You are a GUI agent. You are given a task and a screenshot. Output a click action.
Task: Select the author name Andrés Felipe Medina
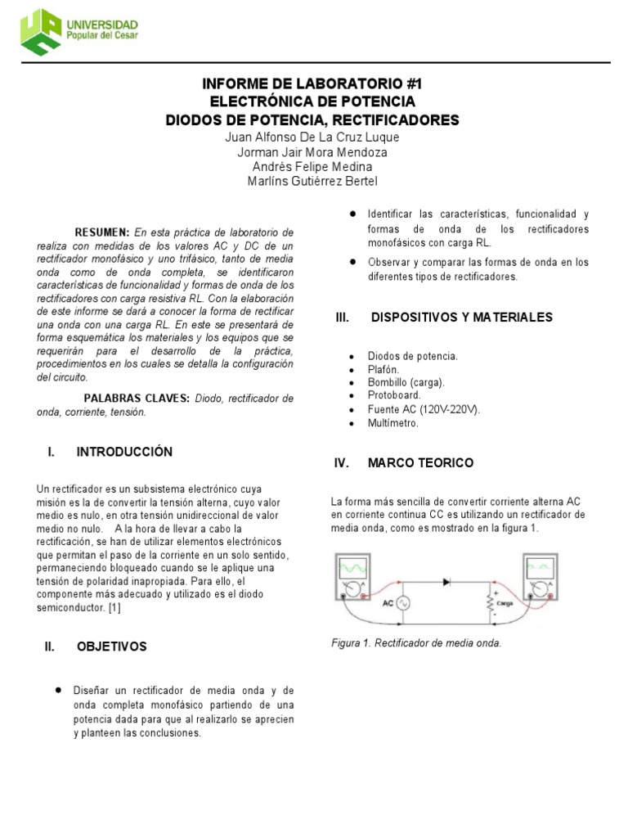pyautogui.click(x=312, y=166)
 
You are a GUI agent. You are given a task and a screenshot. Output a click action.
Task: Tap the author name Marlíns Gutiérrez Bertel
pyautogui.click(x=312, y=181)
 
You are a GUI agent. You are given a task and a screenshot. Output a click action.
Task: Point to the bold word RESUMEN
pyautogui.click(x=102, y=232)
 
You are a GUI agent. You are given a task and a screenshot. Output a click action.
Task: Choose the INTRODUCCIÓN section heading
pyautogui.click(x=124, y=452)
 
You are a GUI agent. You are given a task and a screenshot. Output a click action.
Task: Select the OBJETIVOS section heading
pyautogui.click(x=112, y=647)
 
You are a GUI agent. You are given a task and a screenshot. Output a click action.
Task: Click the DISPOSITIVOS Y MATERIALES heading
pyautogui.click(x=462, y=317)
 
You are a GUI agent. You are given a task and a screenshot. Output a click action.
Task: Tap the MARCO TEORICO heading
pyautogui.click(x=420, y=463)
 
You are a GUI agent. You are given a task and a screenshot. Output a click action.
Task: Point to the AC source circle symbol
pyautogui.click(x=401, y=603)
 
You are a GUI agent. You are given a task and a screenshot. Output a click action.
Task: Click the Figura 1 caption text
pyautogui.click(x=415, y=643)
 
